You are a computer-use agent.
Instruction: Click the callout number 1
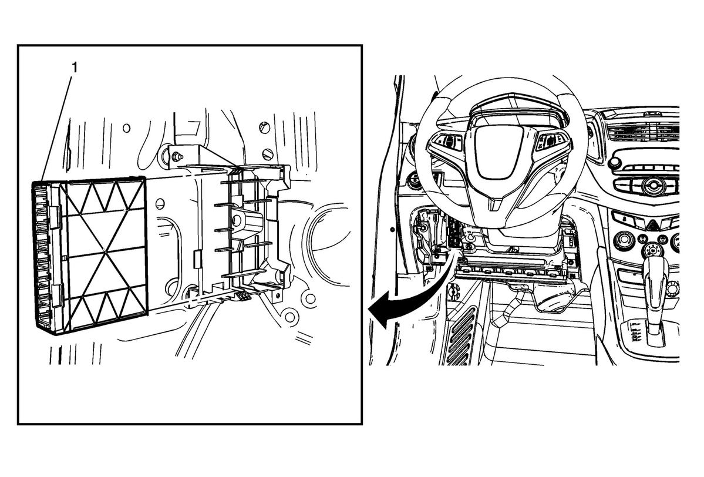point(75,68)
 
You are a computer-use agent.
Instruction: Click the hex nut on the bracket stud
point(176,156)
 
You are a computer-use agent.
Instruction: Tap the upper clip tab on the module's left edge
point(55,215)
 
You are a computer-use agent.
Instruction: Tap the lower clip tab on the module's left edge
point(56,295)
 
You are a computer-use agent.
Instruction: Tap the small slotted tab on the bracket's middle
point(197,259)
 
